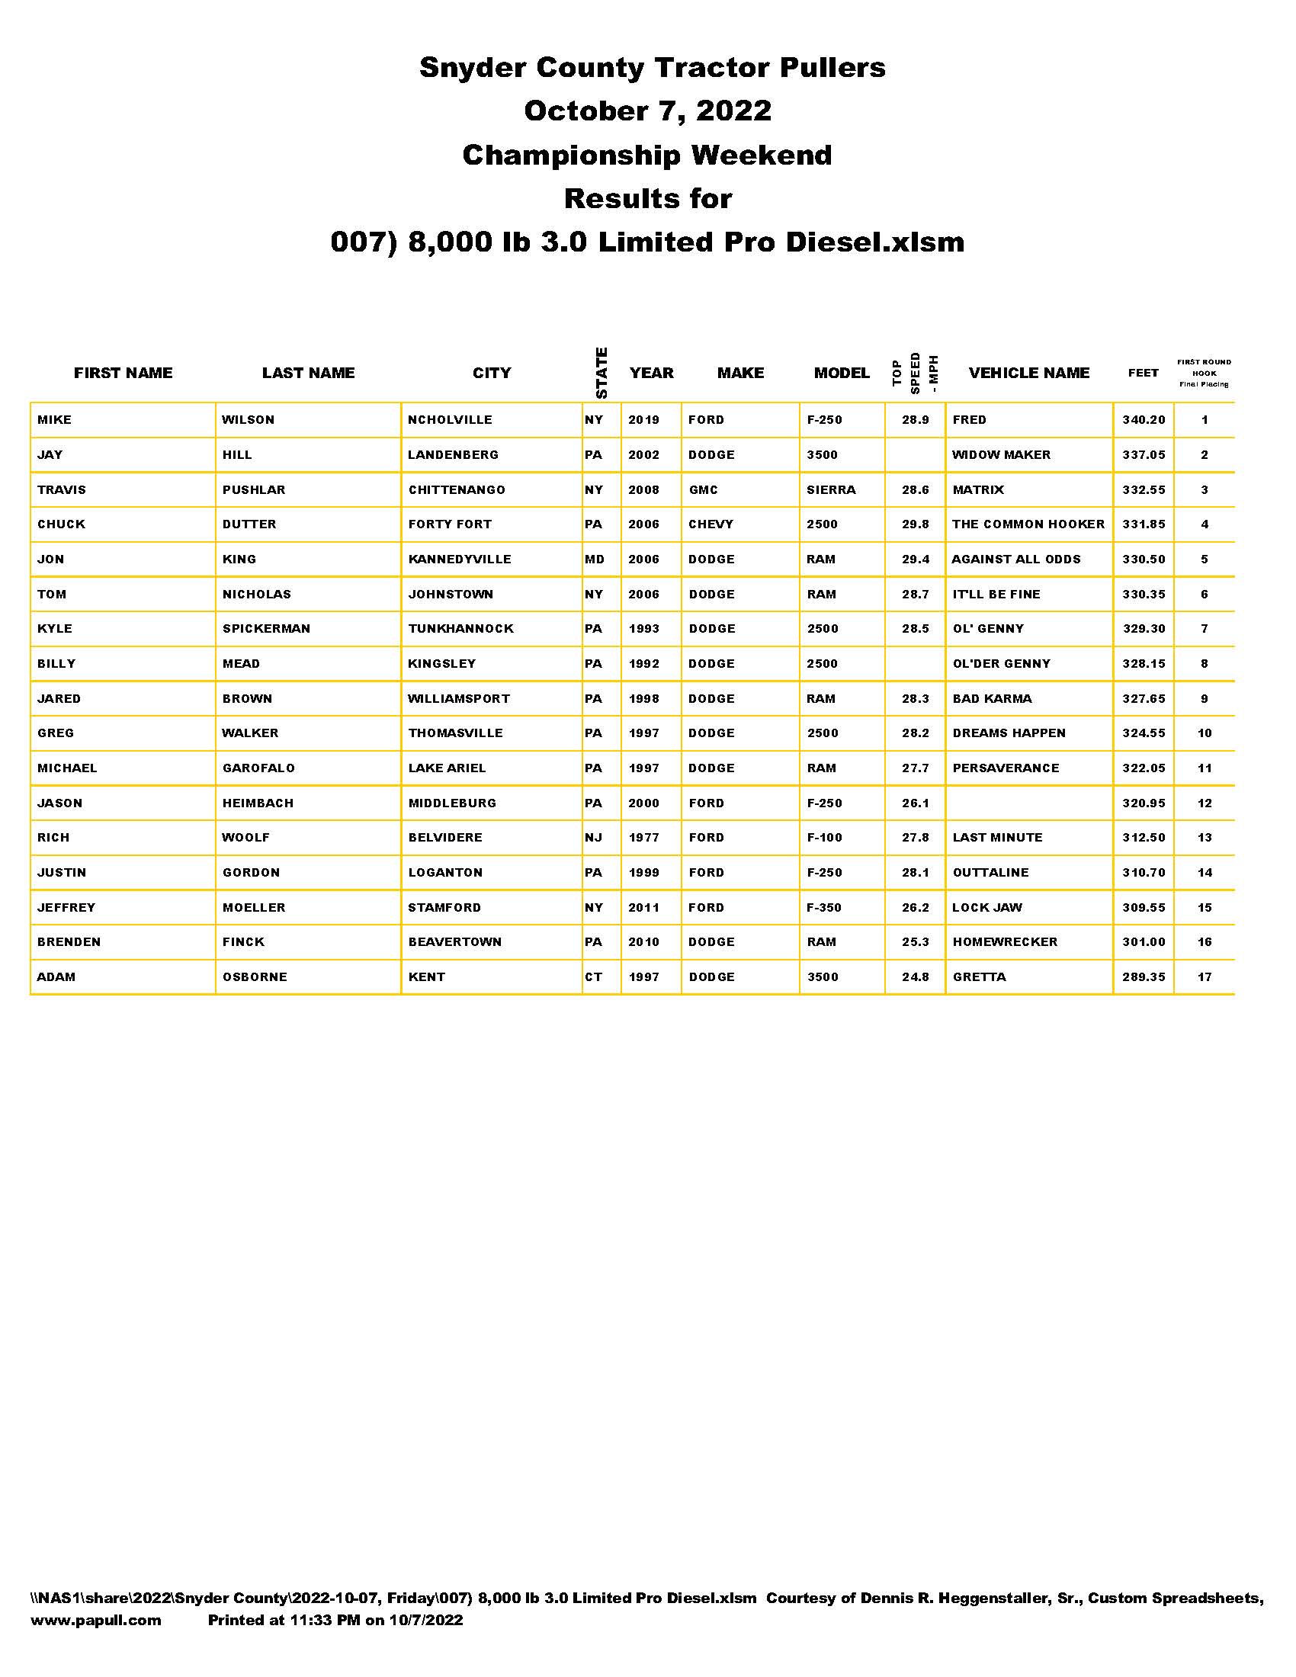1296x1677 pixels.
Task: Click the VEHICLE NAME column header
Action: (x=1029, y=374)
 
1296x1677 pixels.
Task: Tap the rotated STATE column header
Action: (x=602, y=374)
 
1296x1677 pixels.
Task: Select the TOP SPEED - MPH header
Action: (x=915, y=374)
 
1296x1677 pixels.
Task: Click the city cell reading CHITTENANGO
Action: (x=456, y=490)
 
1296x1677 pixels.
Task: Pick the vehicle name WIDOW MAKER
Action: (x=1000, y=454)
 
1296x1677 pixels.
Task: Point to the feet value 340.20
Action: (x=1144, y=420)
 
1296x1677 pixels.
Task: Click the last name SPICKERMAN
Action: (x=266, y=629)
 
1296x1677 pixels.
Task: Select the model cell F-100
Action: (x=824, y=838)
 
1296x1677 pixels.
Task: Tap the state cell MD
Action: (x=595, y=559)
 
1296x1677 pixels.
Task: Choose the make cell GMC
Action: (x=704, y=490)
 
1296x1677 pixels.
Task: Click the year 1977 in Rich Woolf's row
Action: (x=643, y=838)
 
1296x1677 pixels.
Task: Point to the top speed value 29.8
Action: (x=915, y=524)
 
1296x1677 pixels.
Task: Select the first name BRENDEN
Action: (x=69, y=942)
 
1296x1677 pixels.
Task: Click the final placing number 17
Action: (x=1204, y=977)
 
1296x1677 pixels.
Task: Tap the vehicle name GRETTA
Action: (x=979, y=977)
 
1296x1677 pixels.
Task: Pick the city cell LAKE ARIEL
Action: (x=447, y=768)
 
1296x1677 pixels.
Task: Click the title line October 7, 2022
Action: (x=647, y=111)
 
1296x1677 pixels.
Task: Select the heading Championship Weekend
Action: (x=647, y=155)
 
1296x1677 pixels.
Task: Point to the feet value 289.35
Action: (x=1144, y=977)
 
